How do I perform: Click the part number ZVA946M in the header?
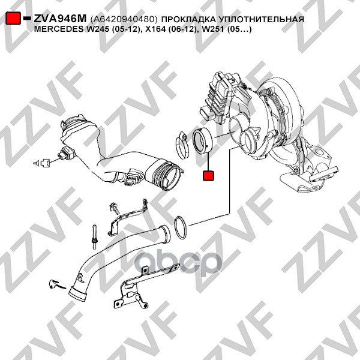pyautogui.click(x=60, y=19)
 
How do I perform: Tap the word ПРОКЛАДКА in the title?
pyautogui.click(x=188, y=19)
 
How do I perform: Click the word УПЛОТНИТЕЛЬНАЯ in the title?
pyautogui.click(x=261, y=19)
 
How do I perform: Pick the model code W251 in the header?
pyautogui.click(x=212, y=29)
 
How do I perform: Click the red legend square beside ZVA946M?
pyautogui.click(x=13, y=18)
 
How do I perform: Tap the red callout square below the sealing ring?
pyautogui.click(x=208, y=176)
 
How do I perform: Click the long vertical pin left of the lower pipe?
pyautogui.click(x=94, y=237)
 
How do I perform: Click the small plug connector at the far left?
pyautogui.click(x=44, y=163)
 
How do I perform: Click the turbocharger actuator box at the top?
pyautogui.click(x=218, y=99)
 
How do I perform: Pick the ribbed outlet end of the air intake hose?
pyautogui.click(x=166, y=175)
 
